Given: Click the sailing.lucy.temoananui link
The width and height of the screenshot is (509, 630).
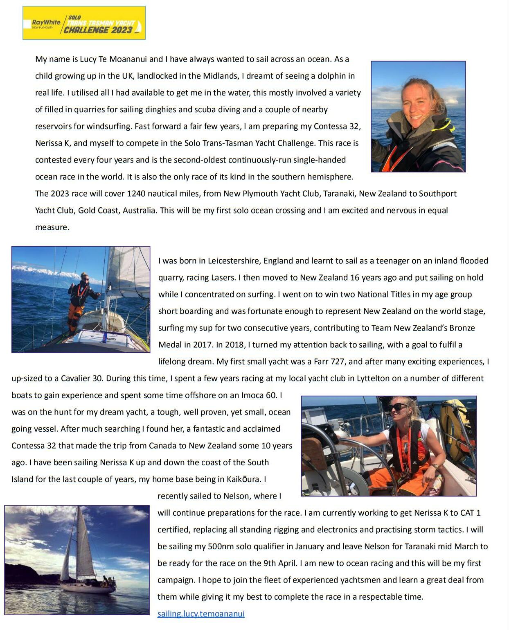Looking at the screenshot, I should tap(201, 614).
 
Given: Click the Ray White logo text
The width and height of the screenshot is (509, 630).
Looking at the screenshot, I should tap(46, 22).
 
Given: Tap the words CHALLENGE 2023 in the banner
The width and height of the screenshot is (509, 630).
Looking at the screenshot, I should tap(98, 30).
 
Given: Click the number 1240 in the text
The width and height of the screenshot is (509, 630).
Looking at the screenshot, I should tap(136, 194).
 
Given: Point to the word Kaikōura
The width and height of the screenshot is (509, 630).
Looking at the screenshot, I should tap(244, 479).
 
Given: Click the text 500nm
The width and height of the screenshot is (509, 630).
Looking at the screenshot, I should tap(221, 546).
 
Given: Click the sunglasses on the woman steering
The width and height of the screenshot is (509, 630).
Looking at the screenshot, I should tap(397, 407).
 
